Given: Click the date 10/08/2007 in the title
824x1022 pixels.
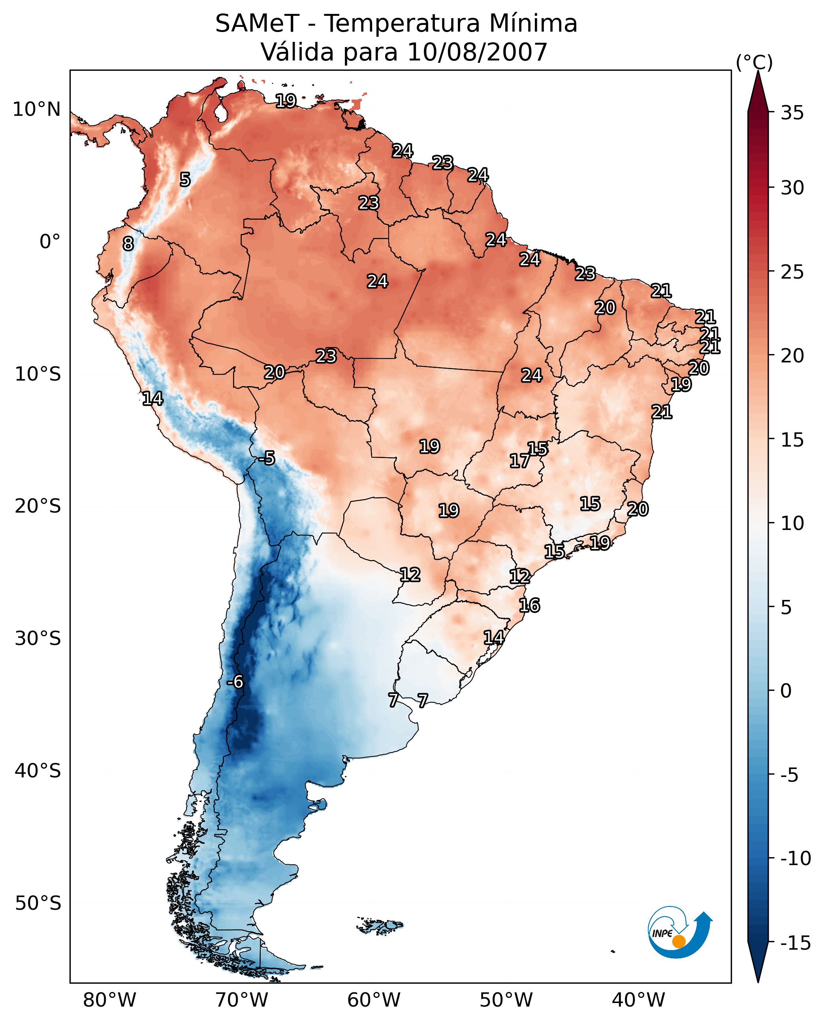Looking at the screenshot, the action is pos(477,52).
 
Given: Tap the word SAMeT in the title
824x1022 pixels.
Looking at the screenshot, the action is pos(257,23).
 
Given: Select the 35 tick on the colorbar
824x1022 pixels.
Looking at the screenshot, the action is pos(792,113).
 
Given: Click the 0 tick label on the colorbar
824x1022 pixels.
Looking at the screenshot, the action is pos(786,691).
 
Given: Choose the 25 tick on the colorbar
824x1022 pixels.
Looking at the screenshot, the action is pos(792,272).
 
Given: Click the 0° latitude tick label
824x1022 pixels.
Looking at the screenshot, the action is pos(50,242).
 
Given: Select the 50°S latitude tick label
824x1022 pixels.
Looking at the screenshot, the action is pos(38,903).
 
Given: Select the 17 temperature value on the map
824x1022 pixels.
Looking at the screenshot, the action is pos(520,461).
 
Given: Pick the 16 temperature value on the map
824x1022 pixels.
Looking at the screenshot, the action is pos(529,605).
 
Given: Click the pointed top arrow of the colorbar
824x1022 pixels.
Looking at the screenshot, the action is pos(758,90).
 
